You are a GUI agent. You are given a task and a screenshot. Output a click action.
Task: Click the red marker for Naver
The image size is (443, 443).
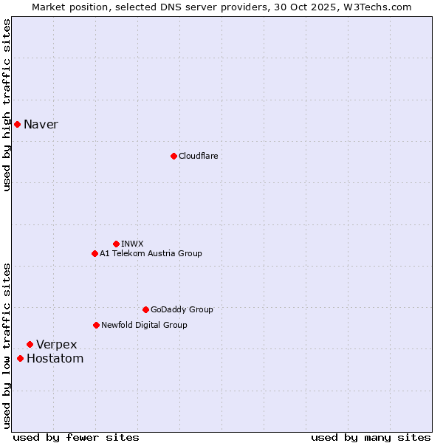(x=17, y=124)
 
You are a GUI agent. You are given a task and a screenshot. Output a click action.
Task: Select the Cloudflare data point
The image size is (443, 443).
(x=174, y=156)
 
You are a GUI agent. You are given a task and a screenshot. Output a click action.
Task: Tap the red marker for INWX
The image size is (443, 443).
(x=116, y=244)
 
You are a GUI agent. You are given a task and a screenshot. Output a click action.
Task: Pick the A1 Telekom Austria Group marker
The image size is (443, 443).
(x=95, y=253)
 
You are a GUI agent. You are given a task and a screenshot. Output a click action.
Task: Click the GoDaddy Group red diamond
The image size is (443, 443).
(x=145, y=309)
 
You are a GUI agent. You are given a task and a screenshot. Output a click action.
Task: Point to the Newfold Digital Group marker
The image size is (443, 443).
(x=96, y=325)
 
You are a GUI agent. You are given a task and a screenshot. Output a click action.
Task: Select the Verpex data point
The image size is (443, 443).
(x=30, y=344)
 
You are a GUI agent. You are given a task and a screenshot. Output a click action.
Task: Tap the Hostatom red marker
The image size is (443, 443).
(x=20, y=359)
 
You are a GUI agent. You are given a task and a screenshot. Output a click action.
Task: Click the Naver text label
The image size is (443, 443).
(x=41, y=124)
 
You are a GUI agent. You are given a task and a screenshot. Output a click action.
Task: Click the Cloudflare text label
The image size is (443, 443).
(x=198, y=156)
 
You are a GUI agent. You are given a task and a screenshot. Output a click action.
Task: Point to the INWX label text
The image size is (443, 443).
(x=132, y=244)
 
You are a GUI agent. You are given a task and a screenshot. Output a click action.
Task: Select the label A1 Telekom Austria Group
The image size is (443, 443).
(x=151, y=253)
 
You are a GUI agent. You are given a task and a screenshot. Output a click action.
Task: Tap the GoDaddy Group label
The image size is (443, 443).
(x=182, y=309)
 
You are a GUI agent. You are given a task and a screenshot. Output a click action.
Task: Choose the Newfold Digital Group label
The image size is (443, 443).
(x=144, y=325)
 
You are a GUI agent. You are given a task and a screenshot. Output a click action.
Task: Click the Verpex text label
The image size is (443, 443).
(x=57, y=345)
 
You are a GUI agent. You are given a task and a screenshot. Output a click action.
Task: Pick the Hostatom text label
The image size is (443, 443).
(x=55, y=359)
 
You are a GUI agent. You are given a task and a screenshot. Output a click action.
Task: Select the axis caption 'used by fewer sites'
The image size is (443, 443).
(x=76, y=437)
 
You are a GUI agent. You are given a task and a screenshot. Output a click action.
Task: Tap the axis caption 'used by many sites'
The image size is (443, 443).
(x=371, y=437)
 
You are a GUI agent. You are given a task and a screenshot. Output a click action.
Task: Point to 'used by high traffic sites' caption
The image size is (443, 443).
(x=7, y=105)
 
